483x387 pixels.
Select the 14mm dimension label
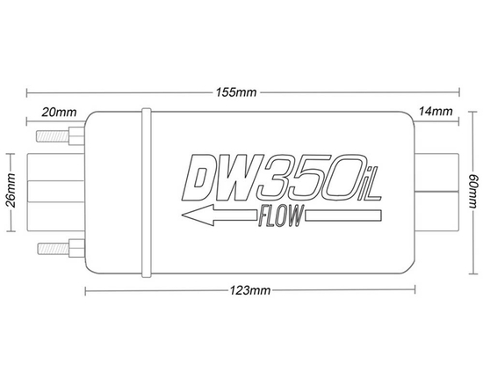click(x=436, y=113)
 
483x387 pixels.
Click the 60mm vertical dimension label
click(x=472, y=189)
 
